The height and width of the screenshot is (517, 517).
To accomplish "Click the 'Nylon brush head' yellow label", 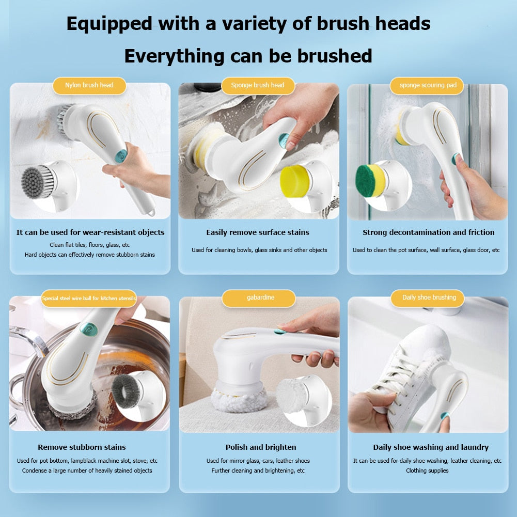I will [x=89, y=85].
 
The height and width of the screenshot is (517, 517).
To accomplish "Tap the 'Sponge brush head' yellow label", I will [x=258, y=85].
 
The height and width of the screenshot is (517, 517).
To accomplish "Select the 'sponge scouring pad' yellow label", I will [x=428, y=85].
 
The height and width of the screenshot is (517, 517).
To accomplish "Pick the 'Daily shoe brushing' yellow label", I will [x=429, y=297].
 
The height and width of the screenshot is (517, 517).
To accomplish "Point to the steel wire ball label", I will [x=89, y=299].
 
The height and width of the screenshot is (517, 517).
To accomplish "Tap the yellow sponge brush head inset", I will [x=296, y=181].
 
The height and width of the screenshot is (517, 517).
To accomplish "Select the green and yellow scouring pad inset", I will [x=371, y=181].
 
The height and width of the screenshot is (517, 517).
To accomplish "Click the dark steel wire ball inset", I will [x=126, y=391].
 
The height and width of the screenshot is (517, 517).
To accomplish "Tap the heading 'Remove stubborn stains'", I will [x=82, y=447].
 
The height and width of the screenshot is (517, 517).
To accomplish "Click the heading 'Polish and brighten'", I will [x=261, y=447].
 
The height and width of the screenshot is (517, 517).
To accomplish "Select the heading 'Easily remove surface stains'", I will [x=258, y=232].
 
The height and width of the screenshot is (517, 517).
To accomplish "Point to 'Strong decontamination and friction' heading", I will [x=428, y=232].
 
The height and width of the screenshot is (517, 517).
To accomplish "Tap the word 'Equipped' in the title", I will [x=109, y=24].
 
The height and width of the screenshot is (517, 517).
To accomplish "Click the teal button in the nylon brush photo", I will [x=120, y=155].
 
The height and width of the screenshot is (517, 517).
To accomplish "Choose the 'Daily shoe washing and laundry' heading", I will [x=431, y=447].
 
